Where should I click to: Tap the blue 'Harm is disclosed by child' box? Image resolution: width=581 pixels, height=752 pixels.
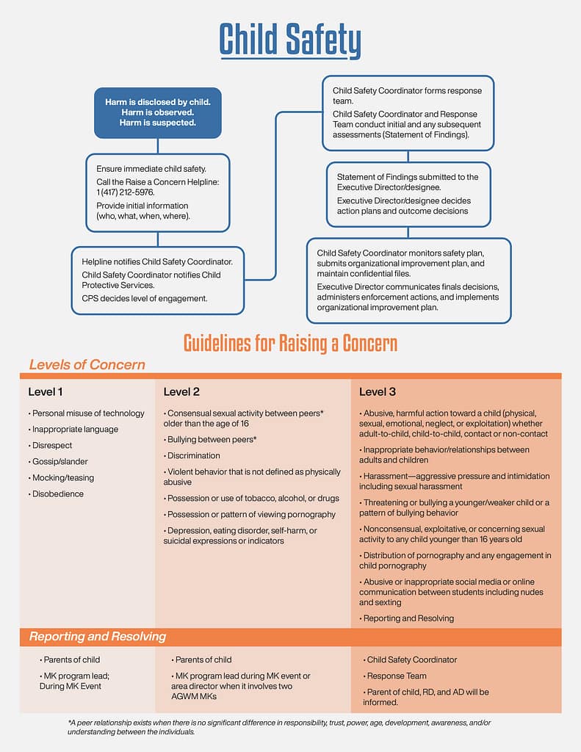click(157, 112)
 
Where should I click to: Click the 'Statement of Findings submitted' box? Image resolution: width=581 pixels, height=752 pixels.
click(408, 194)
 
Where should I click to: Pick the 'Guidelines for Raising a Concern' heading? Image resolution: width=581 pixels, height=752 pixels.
click(290, 343)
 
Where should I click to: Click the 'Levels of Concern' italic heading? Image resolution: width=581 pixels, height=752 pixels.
click(87, 365)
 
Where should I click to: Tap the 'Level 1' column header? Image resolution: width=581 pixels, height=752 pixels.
click(46, 391)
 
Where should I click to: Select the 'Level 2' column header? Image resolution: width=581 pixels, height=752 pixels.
click(181, 391)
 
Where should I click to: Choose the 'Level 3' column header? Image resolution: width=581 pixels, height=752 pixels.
click(378, 391)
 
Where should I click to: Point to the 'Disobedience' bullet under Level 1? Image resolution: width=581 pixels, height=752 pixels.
click(57, 493)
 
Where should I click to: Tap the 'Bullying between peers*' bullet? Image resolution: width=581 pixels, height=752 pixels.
click(212, 439)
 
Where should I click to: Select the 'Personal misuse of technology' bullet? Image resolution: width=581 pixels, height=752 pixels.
click(87, 413)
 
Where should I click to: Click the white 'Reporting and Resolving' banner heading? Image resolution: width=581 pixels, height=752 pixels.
click(98, 637)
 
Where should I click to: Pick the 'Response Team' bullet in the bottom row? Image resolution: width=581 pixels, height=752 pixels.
click(397, 676)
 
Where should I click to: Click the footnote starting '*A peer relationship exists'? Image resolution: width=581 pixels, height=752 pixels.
click(279, 727)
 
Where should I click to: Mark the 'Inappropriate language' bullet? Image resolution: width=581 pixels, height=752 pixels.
click(74, 429)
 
